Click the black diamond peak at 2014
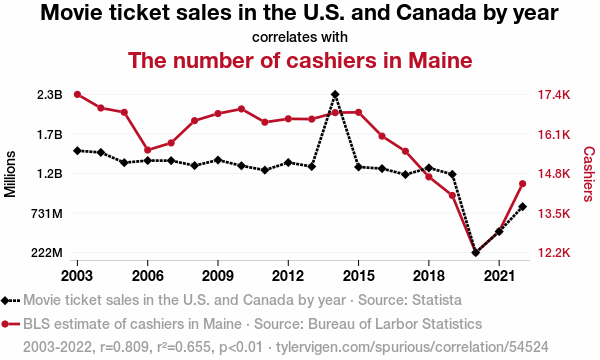click(x=335, y=94)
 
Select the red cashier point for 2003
click(x=77, y=94)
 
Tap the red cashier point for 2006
click(x=148, y=150)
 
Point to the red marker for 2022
click(x=522, y=184)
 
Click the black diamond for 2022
click(x=522, y=207)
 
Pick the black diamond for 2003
click(x=77, y=151)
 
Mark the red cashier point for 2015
click(x=359, y=112)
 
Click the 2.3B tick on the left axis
click(x=50, y=94)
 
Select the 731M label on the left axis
click(x=47, y=213)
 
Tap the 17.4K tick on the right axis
click(x=554, y=94)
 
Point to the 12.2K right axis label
click(x=554, y=253)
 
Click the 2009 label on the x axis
click(x=218, y=276)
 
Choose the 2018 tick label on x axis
click(x=429, y=276)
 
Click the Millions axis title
click(x=10, y=174)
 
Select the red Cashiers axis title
click(x=589, y=174)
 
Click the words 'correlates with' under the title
click(x=300, y=37)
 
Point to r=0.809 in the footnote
click(x=124, y=347)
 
